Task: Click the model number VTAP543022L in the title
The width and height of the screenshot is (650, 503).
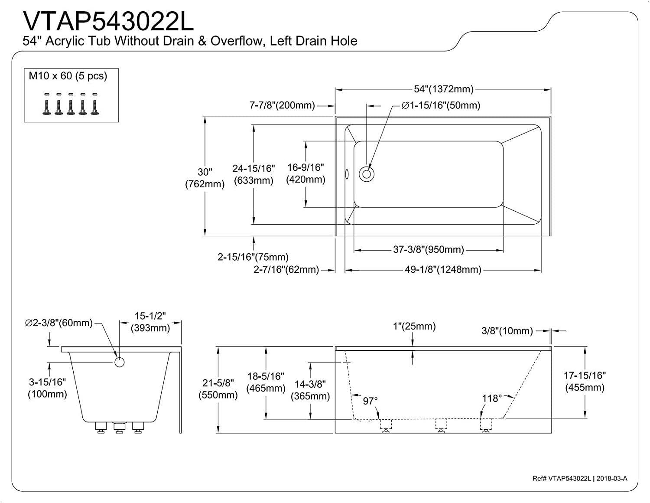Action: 108,20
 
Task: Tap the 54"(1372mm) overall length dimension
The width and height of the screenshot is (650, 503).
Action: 443,89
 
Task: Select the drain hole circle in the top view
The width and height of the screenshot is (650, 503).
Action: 367,174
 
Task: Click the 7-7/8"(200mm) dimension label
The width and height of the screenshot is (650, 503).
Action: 282,105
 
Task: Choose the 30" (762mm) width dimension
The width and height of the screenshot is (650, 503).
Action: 205,178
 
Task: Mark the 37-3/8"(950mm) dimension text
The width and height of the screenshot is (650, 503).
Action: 429,250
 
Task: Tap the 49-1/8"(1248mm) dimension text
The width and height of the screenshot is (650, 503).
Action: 443,270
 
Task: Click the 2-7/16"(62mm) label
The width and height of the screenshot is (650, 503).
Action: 286,270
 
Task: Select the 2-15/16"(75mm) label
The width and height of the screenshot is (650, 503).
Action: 253,257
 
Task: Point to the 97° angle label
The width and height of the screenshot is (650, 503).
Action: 370,401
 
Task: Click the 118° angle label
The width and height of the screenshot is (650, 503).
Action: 492,398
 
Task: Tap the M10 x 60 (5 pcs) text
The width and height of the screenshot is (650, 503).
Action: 68,76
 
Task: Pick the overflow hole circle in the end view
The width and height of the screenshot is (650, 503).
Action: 119,362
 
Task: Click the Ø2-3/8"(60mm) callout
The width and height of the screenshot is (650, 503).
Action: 59,323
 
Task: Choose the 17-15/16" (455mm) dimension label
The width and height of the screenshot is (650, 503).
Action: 585,381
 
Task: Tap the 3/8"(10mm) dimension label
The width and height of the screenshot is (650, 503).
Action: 507,331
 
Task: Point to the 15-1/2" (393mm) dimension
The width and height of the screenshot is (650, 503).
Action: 150,322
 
